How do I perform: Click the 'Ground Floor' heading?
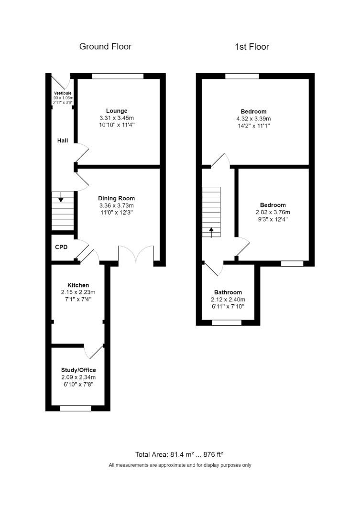105,46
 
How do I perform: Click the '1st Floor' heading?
251,46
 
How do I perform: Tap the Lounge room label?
116,110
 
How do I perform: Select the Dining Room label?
116,198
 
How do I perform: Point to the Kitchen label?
78,285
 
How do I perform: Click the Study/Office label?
78,370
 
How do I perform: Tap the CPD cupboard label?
61,247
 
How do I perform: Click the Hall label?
62,140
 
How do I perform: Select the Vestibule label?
63,93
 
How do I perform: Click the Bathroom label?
228,292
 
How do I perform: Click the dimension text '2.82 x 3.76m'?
273,213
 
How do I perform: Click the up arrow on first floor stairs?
211,232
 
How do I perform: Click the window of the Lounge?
118,75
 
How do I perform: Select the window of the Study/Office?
75,408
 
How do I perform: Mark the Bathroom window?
227,323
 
